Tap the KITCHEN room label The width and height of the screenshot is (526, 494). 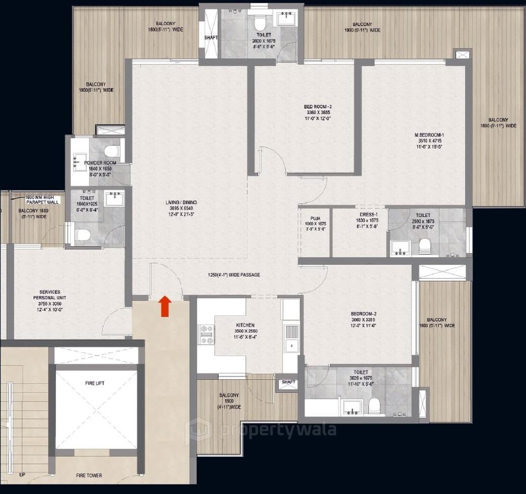pos(245,326)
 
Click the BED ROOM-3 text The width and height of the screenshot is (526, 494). pos(317,107)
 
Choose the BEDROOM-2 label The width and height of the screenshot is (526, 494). pos(364,313)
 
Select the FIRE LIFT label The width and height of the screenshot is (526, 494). pos(95,384)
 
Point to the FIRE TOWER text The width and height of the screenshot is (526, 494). pos(89,475)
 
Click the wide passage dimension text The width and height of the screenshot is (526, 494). pos(234,275)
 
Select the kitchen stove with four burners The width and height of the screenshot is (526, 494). pos(206,334)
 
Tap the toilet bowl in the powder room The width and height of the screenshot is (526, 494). pos(112,151)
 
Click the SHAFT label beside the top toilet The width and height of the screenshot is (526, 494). pos(210,37)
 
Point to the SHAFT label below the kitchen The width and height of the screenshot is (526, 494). pos(288,382)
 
